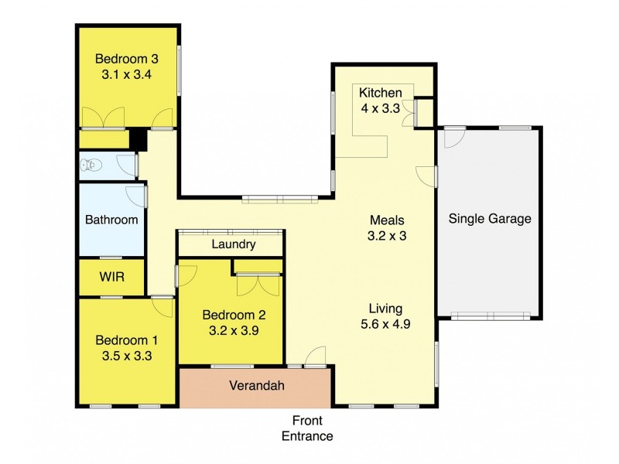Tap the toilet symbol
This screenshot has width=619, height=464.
click(91, 165)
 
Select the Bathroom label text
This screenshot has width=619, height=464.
click(111, 220)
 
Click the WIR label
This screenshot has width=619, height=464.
click(111, 276)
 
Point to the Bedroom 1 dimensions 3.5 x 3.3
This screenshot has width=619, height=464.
click(126, 357)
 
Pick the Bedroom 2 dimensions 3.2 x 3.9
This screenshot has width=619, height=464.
click(234, 330)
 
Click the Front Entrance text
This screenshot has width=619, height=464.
click(307, 428)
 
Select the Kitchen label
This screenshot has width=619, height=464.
click(380, 94)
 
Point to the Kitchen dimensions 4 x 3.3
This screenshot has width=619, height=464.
click(380, 109)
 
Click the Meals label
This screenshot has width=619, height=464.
click(387, 220)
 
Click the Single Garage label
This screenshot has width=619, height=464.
click(490, 219)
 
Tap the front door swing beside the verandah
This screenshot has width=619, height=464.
click(315, 357)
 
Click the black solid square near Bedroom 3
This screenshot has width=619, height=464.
click(138, 139)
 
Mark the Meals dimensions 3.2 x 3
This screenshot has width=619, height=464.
click(387, 237)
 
